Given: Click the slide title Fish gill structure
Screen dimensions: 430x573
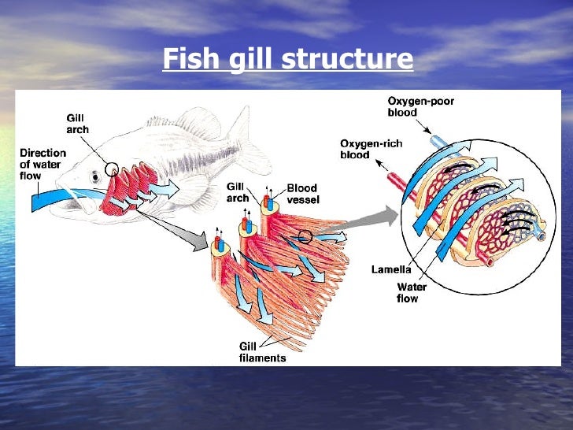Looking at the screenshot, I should (x=287, y=59).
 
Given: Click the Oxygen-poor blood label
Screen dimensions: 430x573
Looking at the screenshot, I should (x=420, y=107).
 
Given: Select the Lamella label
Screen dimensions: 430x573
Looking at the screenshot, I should (x=391, y=269).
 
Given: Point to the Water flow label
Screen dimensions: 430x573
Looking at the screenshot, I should (x=411, y=293).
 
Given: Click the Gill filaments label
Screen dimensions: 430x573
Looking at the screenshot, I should (x=261, y=352).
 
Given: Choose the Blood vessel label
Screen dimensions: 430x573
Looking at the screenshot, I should (x=301, y=194).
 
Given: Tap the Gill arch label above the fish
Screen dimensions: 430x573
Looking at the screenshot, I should (x=77, y=124).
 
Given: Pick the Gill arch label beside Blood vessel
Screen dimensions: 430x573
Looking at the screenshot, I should (x=237, y=191).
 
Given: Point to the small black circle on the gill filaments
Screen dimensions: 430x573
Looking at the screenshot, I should (x=305, y=235).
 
